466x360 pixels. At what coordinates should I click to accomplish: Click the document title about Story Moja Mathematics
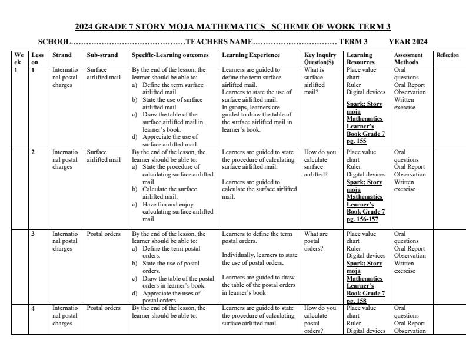232,26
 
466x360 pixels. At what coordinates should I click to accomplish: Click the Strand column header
62,55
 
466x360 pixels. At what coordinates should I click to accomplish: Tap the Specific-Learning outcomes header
170,55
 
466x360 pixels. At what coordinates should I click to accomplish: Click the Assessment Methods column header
408,58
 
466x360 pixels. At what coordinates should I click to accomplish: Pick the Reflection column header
447,55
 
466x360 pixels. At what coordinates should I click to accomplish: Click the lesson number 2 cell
33,152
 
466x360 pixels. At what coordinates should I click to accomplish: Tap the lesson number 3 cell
33,234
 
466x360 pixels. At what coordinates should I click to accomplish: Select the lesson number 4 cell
33,308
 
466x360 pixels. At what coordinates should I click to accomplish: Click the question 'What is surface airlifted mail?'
314,81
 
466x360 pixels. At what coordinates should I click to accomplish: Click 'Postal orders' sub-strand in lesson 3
104,234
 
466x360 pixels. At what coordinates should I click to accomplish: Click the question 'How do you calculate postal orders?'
319,319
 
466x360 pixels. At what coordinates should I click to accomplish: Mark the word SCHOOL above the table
54,42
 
